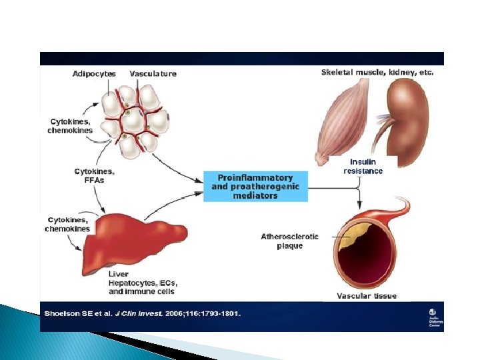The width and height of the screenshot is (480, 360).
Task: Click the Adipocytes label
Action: [x=94, y=73]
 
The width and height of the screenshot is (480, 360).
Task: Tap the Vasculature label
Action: [x=153, y=73]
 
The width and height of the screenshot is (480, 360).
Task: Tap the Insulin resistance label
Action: [x=363, y=167]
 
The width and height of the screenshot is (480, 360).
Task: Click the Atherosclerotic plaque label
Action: [x=290, y=241]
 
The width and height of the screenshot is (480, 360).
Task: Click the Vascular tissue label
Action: [x=367, y=296]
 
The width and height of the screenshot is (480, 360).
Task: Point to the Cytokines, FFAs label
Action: [x=89, y=175]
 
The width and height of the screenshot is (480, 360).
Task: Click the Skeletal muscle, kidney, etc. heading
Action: [x=377, y=72]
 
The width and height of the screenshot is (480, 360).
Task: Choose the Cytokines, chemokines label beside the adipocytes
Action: [x=70, y=126]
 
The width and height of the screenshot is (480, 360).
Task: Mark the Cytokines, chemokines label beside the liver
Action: [x=67, y=224]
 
